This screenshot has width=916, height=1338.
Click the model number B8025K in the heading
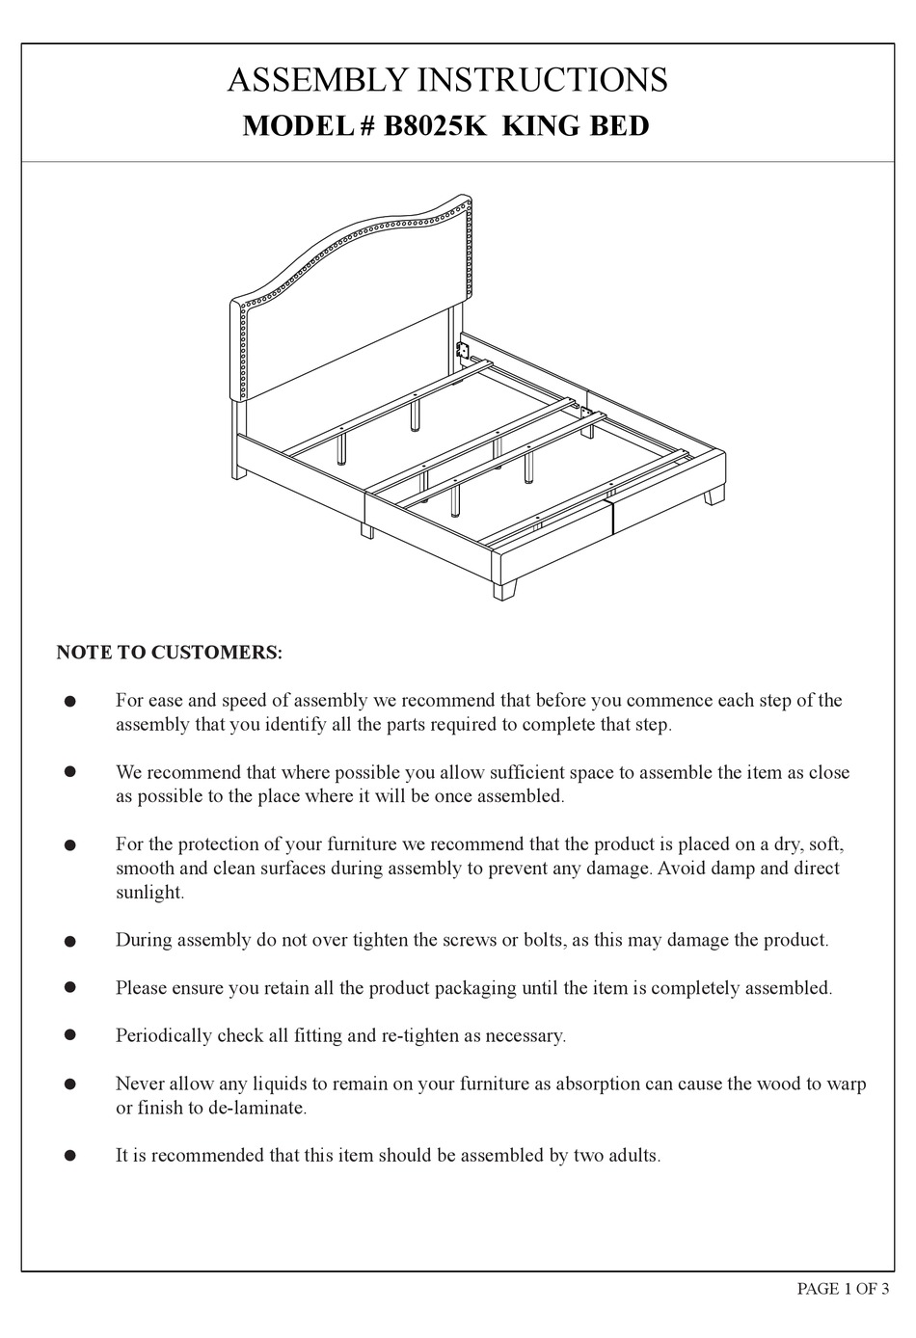point(437,126)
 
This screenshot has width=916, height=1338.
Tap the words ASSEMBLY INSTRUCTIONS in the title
point(447,80)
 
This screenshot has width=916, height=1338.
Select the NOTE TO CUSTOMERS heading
point(170,653)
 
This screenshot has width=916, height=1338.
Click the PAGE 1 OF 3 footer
point(843,1290)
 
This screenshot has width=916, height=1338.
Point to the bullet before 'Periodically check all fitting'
point(69,1034)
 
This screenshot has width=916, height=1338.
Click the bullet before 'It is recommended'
point(69,1154)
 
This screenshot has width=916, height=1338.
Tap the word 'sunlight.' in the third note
point(149,893)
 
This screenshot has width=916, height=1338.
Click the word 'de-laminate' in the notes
point(256,1108)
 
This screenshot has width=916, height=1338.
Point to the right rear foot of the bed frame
point(714,496)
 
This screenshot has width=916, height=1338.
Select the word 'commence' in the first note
point(673,701)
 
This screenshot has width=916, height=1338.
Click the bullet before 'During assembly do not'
point(69,940)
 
